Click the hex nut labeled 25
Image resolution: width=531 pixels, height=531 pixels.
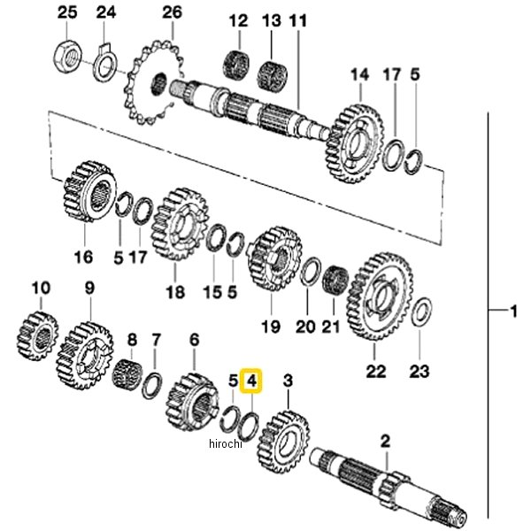[x=67, y=57]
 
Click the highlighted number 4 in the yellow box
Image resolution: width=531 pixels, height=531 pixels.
[x=251, y=381]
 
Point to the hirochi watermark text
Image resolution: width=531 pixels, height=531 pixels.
[x=226, y=443]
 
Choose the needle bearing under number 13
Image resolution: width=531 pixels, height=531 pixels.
[x=272, y=76]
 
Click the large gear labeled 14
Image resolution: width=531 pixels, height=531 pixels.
[x=355, y=143]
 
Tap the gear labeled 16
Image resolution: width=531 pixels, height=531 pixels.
[x=89, y=191]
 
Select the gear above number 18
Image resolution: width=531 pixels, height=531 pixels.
[x=180, y=224]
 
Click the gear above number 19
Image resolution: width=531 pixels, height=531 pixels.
[x=274, y=259]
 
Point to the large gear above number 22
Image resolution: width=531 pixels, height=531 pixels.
[x=380, y=296]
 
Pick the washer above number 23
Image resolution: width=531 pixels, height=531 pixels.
[x=421, y=312]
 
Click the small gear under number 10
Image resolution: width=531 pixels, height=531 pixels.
[x=37, y=335]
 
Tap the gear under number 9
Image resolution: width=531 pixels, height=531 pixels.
[x=85, y=355]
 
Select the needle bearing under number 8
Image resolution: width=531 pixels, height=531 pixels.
[x=127, y=375]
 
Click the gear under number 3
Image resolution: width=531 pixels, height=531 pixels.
[x=284, y=442]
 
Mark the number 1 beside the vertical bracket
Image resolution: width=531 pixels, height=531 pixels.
[x=513, y=311]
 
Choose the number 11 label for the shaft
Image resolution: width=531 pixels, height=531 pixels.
[x=297, y=21]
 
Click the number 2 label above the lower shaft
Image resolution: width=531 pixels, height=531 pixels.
[x=385, y=442]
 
